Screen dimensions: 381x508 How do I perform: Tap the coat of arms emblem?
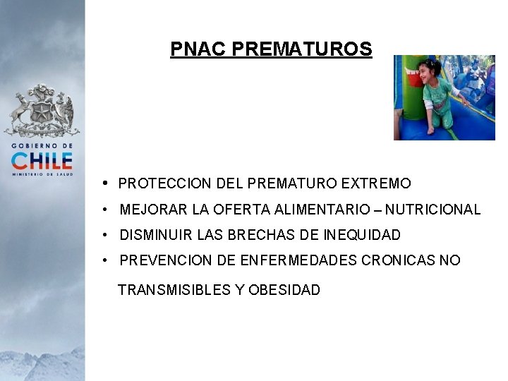pos(42,110)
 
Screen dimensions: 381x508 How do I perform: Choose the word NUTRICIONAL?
pos(433,210)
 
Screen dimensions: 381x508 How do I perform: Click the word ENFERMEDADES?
pos(298,261)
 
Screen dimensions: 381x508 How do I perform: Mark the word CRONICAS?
pos(399,261)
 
